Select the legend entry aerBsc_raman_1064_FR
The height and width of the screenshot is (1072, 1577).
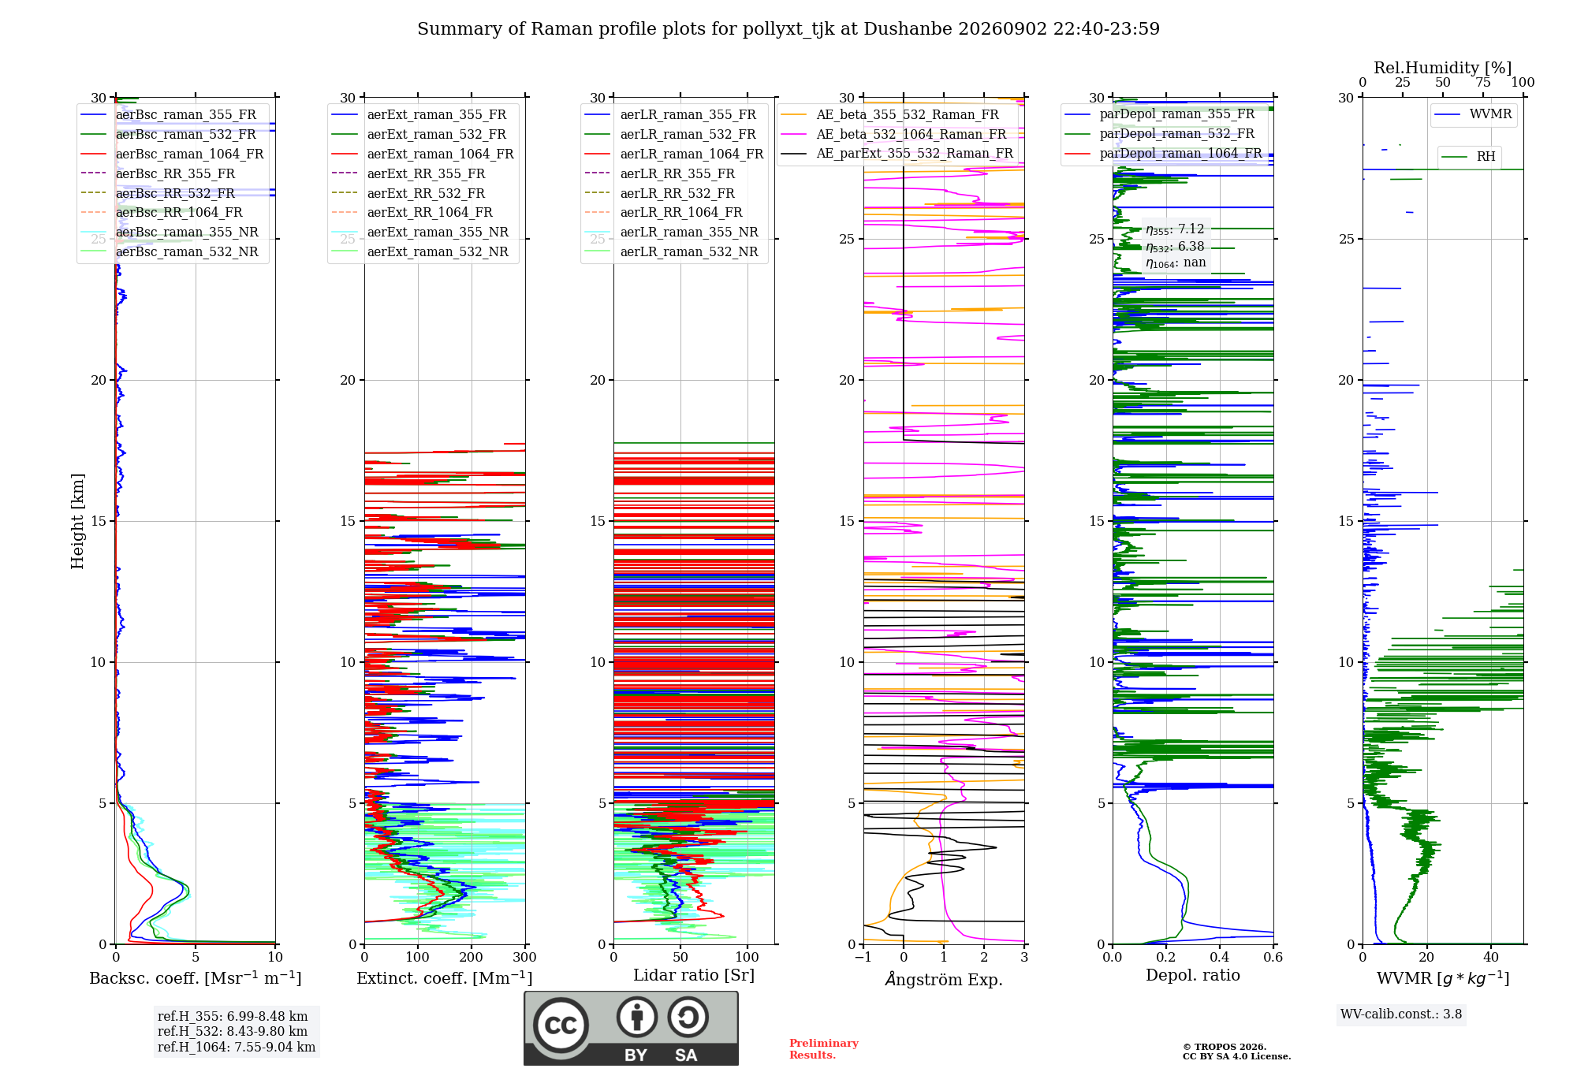pos(172,154)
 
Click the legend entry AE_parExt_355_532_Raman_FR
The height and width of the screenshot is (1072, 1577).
pos(897,153)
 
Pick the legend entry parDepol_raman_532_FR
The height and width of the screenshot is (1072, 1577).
pos(1159,133)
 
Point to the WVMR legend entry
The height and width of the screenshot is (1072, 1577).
pos(1473,114)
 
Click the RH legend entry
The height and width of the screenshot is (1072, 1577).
pos(1468,156)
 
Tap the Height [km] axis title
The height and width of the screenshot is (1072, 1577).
pos(77,520)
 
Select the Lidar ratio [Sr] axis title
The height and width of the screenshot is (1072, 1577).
pos(694,975)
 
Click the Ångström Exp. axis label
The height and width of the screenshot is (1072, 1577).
pos(944,979)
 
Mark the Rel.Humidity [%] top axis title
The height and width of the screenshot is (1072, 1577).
pos(1442,68)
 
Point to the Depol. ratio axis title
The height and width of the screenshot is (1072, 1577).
pos(1192,975)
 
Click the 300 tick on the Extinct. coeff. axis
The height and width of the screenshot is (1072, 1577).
pos(524,957)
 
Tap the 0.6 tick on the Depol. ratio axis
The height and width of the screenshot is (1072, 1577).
pos(1273,957)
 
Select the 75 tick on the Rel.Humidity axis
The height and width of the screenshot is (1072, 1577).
pos(1483,82)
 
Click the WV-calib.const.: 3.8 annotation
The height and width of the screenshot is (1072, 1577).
pos(1400,1014)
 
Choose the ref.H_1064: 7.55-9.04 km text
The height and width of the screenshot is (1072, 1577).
pos(237,1048)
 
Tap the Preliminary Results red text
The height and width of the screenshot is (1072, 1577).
pos(824,1049)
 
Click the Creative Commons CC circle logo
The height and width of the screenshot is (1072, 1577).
pos(561,1025)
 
